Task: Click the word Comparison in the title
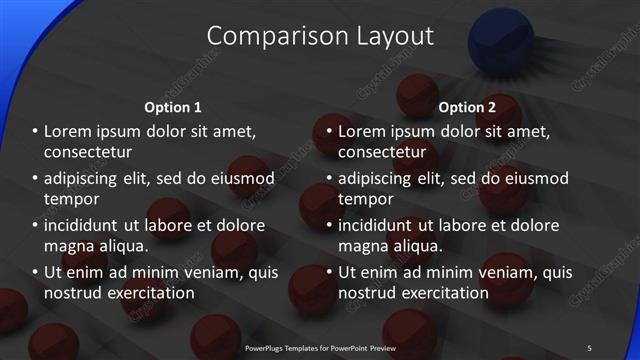pyautogui.click(x=268, y=36)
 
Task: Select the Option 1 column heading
pyautogui.click(x=173, y=107)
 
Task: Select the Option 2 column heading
pyautogui.click(x=467, y=107)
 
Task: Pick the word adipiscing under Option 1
pyautogui.click(x=84, y=178)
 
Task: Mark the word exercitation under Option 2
pyautogui.click(x=441, y=293)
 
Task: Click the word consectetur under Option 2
pyautogui.click(x=382, y=152)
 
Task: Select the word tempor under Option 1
pyautogui.click(x=70, y=199)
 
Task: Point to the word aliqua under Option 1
pyautogui.click(x=120, y=246)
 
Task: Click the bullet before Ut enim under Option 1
pyautogui.click(x=34, y=272)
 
